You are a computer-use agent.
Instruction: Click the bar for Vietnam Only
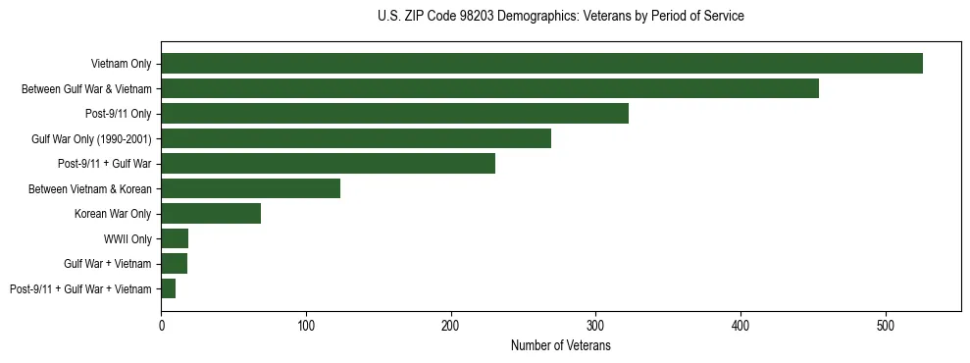541,64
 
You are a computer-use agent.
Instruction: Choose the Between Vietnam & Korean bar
250,188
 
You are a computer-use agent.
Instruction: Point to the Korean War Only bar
211,214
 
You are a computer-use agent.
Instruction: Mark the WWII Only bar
175,238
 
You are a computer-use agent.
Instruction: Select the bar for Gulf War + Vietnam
174,264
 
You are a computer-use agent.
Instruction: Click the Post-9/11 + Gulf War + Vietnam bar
168,288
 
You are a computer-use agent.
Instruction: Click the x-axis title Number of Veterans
560,345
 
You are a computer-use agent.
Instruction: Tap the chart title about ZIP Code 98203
560,17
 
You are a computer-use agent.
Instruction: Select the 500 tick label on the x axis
886,325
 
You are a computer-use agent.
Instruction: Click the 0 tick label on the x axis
161,325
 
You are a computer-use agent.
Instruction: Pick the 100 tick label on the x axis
306,325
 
